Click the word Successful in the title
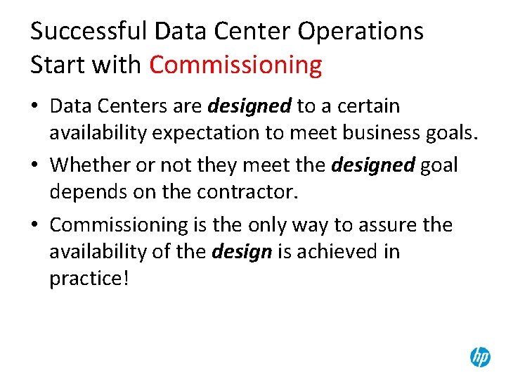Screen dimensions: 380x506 coord(89,32)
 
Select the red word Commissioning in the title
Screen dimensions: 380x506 coord(235,65)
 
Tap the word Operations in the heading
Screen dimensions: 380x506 coord(361,32)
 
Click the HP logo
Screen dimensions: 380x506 coord(480,357)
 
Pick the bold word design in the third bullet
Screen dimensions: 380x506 coord(241,252)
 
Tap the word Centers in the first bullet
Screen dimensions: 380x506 coord(140,107)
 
